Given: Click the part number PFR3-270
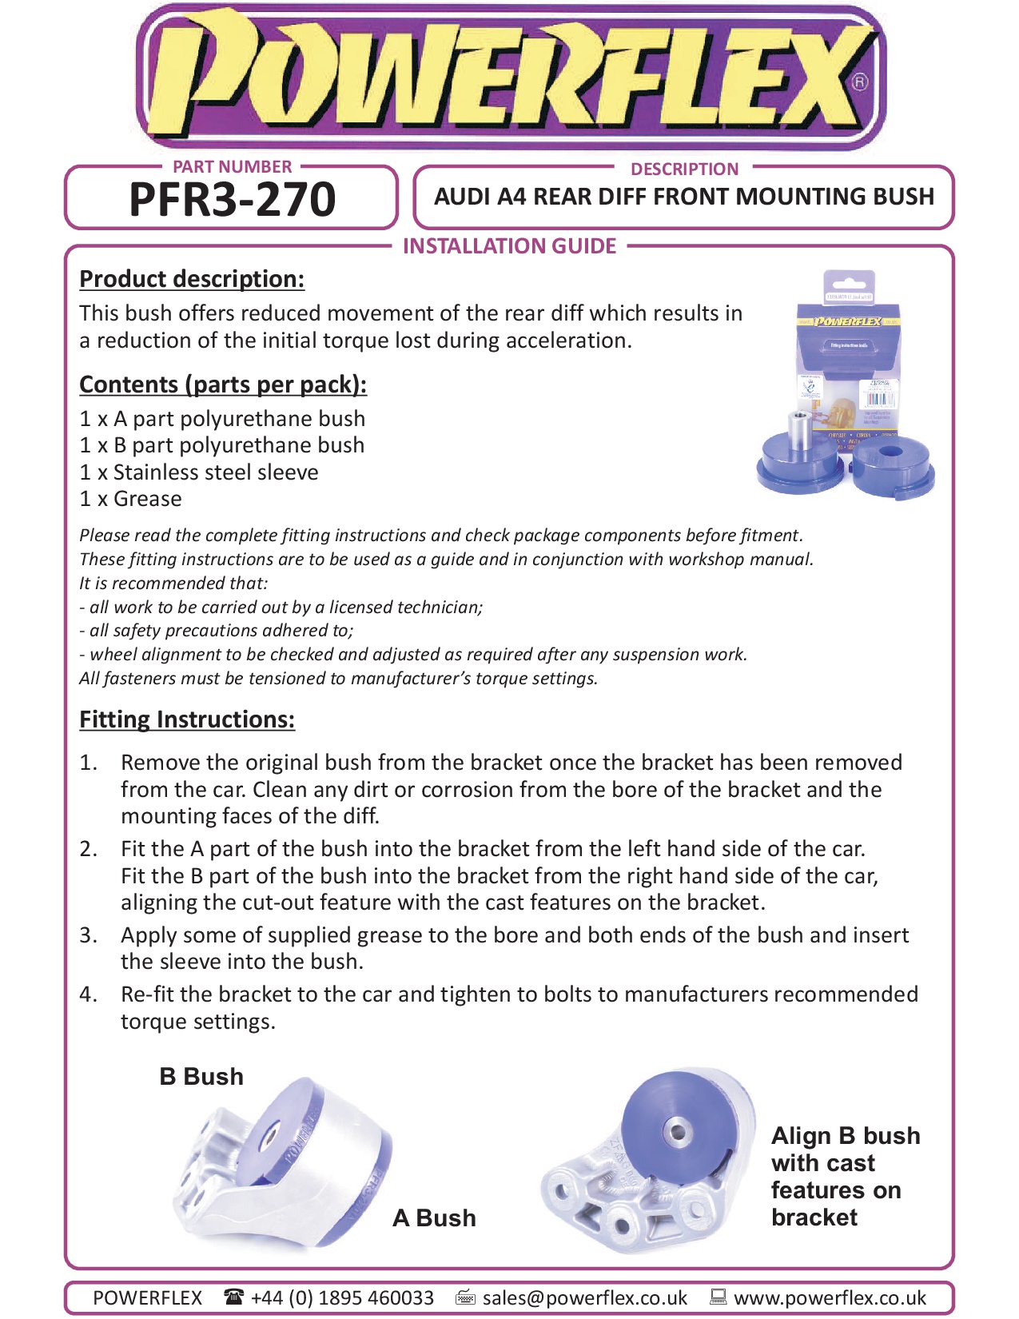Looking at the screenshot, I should point(232,199).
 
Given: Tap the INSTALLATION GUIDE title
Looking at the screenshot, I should point(509,246).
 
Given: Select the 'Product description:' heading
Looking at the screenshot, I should point(192,279).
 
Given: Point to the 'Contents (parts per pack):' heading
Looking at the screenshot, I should point(223,385).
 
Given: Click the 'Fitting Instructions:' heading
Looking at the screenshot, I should point(187,719).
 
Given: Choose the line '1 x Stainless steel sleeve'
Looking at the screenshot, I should point(199,472).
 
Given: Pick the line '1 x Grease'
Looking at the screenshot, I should point(131,499).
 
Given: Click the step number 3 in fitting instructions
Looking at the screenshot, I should point(88,935).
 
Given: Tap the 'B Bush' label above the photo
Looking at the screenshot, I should point(201,1077).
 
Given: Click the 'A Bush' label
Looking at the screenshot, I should point(434,1218).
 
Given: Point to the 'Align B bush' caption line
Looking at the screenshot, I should point(846,1136).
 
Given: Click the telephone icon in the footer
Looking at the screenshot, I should point(233,1297).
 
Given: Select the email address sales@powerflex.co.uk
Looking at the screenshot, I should point(585,1297).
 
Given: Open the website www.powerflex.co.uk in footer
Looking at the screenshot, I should point(830,1297).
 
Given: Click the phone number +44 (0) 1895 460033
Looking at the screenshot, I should point(342,1297).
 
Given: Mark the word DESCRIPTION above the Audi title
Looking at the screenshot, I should point(684,169).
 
